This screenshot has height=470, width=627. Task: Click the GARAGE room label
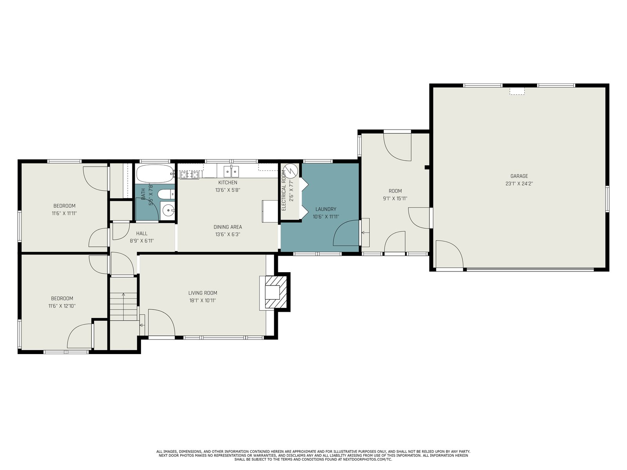pos(519,176)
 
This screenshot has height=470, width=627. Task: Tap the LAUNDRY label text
pos(326,209)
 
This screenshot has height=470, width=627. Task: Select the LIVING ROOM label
pos(203,293)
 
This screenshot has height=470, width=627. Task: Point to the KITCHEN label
pos(228,183)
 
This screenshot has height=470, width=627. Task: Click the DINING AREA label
pos(228,227)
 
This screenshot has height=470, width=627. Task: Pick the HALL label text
pos(142,233)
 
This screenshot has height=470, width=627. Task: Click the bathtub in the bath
pos(155,174)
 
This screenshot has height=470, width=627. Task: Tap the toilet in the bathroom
pos(166,194)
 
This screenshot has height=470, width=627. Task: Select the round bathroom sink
pos(168,211)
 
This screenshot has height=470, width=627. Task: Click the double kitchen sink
pos(231,171)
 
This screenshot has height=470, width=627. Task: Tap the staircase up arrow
pos(123,306)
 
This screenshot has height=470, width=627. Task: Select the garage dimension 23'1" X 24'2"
pos(519,183)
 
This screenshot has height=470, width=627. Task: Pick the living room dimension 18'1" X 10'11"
pos(203,300)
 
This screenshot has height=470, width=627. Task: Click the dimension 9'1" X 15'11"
pos(395,198)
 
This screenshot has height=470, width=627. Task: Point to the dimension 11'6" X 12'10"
pos(62,306)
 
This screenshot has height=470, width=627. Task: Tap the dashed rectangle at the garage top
pos(517,91)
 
